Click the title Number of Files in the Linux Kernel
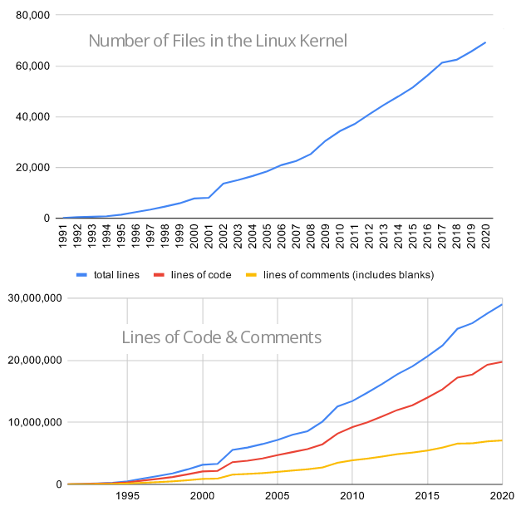(217, 41)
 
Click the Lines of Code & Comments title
(221, 337)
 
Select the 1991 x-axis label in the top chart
(63, 234)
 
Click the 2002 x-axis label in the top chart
(223, 234)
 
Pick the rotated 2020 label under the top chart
(485, 234)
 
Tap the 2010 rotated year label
(340, 234)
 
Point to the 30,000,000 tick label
(34, 299)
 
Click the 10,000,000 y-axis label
(34, 422)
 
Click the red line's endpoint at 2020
(502, 361)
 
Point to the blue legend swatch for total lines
(81, 275)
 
